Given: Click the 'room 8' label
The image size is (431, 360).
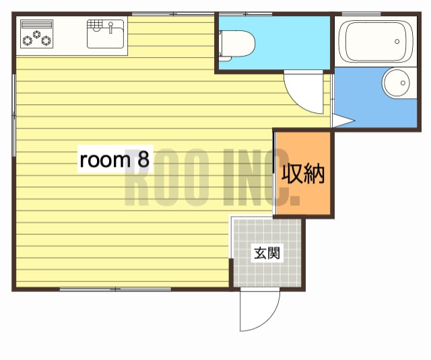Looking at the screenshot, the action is click(114, 159).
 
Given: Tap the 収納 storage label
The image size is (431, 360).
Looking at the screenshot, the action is click(303, 174).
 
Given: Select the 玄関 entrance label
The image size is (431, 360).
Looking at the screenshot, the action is click(267, 253).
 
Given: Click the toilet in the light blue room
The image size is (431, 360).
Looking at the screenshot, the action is click(237, 46).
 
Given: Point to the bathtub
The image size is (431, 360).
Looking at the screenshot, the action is click(376, 42).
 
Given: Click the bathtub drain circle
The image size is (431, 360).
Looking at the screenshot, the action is click(397, 42).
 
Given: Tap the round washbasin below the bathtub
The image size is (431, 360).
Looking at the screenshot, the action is click(397, 83).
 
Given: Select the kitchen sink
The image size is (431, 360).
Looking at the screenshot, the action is click(105, 34).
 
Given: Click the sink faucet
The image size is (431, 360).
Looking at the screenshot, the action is click(110, 28).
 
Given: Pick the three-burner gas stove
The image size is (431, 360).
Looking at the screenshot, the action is click(37, 34).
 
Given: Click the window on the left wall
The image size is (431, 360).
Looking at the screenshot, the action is click(13, 115).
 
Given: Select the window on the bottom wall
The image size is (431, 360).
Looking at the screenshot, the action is click(115, 289).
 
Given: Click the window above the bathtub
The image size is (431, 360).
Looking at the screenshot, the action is click(361, 13).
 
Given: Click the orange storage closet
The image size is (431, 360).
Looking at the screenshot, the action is click(304, 173).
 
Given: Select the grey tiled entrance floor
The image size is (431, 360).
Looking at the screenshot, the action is click(267, 252).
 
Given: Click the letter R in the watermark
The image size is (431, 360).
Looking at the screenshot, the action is click(137, 178).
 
